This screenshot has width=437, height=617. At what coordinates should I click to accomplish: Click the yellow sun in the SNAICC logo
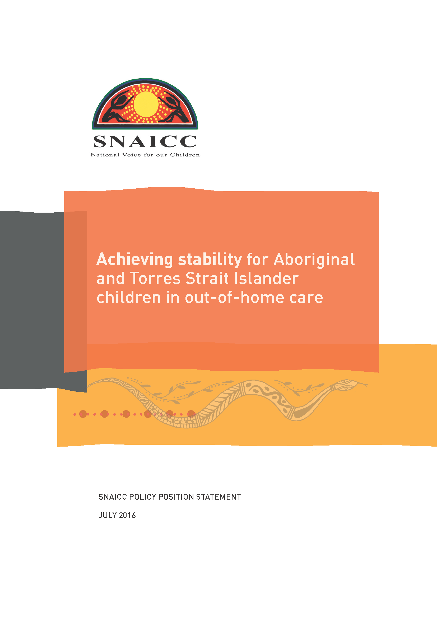tap(146, 104)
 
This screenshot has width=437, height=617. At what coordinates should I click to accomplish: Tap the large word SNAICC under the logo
tap(145, 141)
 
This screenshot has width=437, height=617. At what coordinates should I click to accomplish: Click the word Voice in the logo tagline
tap(132, 155)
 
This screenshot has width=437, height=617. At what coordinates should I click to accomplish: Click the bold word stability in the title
tap(210, 260)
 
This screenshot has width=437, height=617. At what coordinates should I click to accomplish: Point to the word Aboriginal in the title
tap(314, 260)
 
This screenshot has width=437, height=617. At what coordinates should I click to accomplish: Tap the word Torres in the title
tap(155, 278)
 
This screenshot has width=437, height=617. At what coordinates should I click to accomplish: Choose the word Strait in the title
tap(207, 278)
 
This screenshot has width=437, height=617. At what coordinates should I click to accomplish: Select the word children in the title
tap(129, 298)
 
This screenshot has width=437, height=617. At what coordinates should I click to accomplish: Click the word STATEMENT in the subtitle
tap(218, 497)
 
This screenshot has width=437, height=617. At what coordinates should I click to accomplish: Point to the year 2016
tap(127, 515)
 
